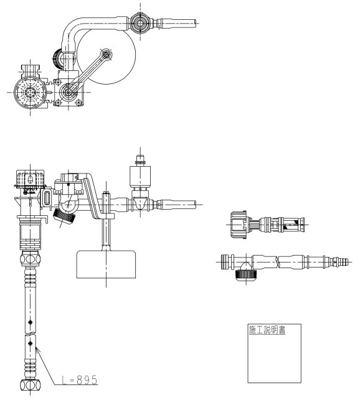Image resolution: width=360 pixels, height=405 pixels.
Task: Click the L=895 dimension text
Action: (x=80, y=379)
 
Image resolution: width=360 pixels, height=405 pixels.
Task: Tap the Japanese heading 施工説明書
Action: (x=267, y=330)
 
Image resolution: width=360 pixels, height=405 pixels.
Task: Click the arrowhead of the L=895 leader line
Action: (x=37, y=350)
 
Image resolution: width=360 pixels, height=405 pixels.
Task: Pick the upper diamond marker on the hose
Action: (x=31, y=322)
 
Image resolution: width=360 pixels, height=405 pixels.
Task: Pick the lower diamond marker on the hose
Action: (x=31, y=343)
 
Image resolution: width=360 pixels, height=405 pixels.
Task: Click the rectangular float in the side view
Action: (x=106, y=264)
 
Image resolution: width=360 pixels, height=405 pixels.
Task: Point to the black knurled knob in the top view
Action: (x=57, y=58)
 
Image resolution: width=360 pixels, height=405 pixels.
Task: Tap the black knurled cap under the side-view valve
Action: (x=64, y=216)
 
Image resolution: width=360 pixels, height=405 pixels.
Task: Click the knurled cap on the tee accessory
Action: (x=246, y=274)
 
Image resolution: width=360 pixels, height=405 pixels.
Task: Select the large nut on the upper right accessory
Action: (x=239, y=225)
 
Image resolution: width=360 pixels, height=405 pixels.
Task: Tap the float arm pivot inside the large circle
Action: (x=106, y=55)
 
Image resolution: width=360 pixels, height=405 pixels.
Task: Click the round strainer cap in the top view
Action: (x=30, y=92)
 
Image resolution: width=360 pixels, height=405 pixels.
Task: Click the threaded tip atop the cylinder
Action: (x=140, y=159)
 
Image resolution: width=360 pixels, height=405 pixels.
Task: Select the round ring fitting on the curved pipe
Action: (x=140, y=23)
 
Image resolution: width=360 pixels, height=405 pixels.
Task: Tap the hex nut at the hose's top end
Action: (x=31, y=258)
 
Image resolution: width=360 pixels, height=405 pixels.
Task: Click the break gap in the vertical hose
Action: (x=31, y=333)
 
